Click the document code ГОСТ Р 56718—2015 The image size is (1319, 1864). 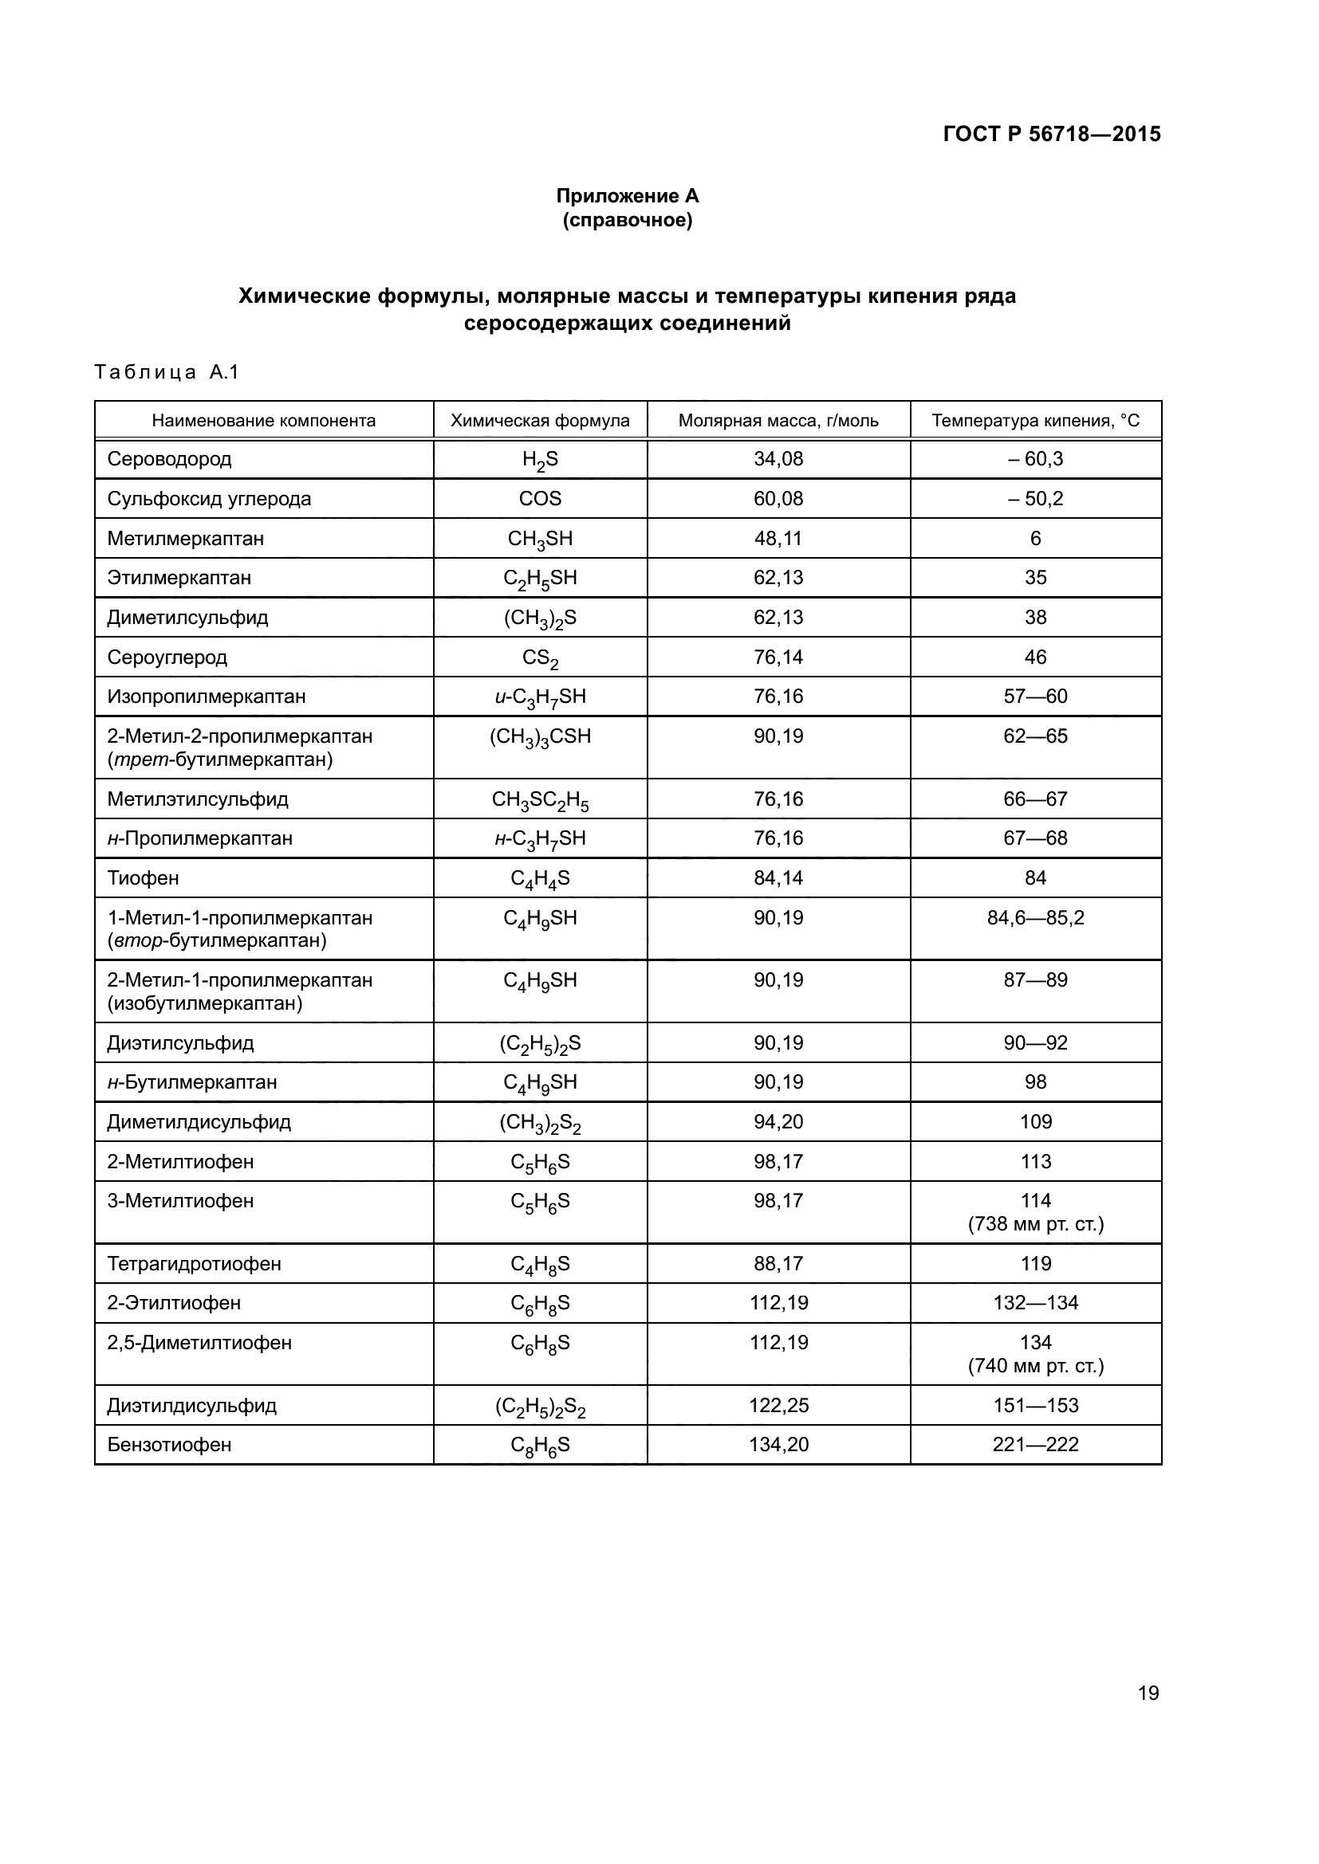pyautogui.click(x=1052, y=134)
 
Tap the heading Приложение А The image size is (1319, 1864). pyautogui.click(x=627, y=196)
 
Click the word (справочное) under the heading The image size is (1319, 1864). pyautogui.click(x=627, y=220)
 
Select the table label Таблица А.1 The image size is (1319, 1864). pyautogui.click(x=167, y=372)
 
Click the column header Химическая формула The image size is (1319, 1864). pyautogui.click(x=540, y=421)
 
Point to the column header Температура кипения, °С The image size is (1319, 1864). pyautogui.click(x=1036, y=421)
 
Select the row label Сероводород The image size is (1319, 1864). pyautogui.click(x=169, y=459)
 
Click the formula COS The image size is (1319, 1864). pyautogui.click(x=540, y=498)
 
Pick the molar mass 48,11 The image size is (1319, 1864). pyautogui.click(x=778, y=538)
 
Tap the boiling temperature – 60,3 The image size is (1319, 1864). pyautogui.click(x=1036, y=459)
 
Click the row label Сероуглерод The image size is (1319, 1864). pyautogui.click(x=167, y=657)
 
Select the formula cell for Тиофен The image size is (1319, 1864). pyautogui.click(x=540, y=878)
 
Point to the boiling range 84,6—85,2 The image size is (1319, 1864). pyautogui.click(x=1036, y=918)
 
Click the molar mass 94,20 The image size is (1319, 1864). pyautogui.click(x=778, y=1122)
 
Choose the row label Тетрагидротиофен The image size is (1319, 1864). pyautogui.click(x=194, y=1263)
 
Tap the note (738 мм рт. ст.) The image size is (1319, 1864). pyautogui.click(x=1036, y=1223)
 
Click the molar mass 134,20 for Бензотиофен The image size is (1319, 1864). pyautogui.click(x=778, y=1444)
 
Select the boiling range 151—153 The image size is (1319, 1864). pyautogui.click(x=1036, y=1405)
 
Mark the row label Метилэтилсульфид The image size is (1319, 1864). pyautogui.click(x=197, y=799)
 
